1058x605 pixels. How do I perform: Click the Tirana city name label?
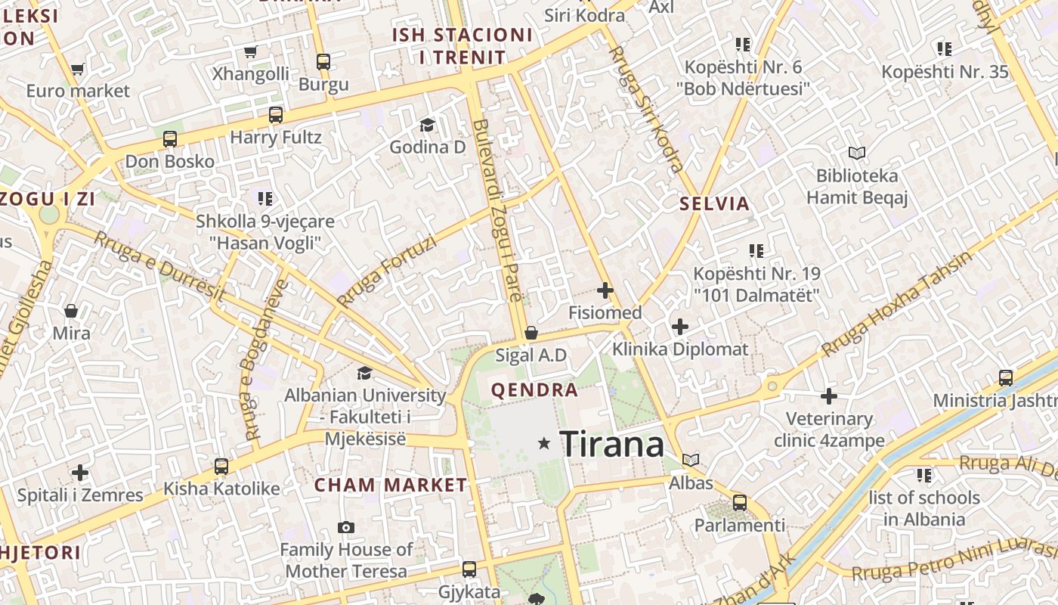(x=612, y=444)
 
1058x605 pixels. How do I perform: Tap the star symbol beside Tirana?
(x=543, y=443)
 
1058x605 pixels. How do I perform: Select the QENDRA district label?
(x=534, y=390)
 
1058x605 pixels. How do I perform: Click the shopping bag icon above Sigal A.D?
(x=531, y=333)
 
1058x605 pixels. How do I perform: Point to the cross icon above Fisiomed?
(x=605, y=290)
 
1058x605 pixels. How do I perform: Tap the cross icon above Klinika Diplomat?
(x=680, y=327)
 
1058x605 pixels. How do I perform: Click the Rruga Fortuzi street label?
(x=387, y=271)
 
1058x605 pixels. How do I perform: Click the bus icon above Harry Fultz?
(x=276, y=115)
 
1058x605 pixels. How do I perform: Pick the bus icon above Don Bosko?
(x=170, y=139)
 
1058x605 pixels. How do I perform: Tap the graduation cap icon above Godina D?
(x=428, y=125)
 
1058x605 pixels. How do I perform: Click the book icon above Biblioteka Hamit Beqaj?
(x=856, y=154)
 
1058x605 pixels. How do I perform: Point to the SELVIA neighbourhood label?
(x=714, y=203)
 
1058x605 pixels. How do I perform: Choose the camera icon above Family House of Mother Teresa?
(x=346, y=527)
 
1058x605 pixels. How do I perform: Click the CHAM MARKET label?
(x=391, y=485)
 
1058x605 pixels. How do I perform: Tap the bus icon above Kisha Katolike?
(x=221, y=467)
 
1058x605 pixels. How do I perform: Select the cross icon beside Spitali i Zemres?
(x=80, y=473)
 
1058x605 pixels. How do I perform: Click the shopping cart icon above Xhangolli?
(x=251, y=51)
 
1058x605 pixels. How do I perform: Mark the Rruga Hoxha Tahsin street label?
(x=897, y=303)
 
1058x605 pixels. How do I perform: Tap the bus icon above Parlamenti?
(x=740, y=502)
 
